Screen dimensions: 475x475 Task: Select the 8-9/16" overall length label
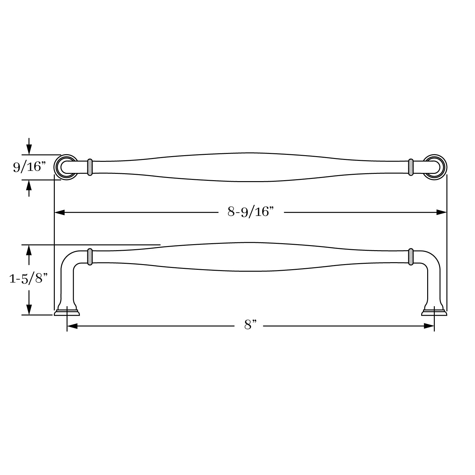pos(250,212)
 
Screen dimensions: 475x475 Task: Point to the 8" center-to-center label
pos(250,325)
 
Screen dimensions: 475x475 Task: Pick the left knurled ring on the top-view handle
pos(90,167)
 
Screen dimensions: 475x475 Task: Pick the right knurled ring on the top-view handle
pos(411,167)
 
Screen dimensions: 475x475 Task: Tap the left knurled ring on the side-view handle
pos(90,256)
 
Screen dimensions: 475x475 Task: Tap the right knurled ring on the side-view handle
pos(411,256)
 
